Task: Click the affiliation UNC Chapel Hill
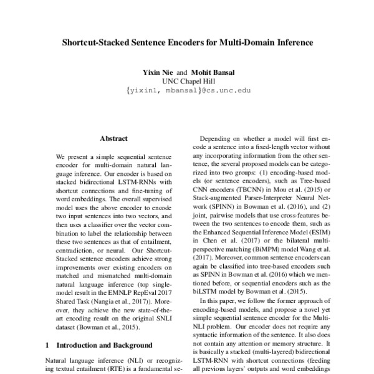pyautogui.click(x=188, y=80)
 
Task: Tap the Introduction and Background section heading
pyautogui.click(x=104, y=345)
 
